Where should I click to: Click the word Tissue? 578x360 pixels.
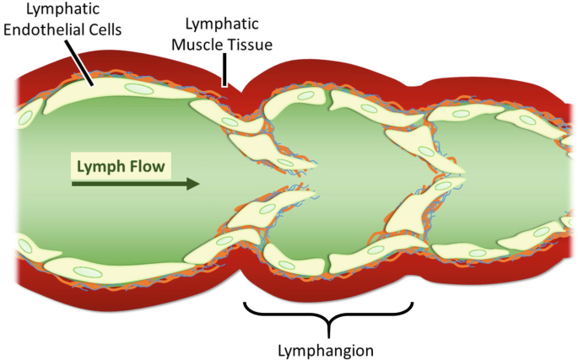coord(251,45)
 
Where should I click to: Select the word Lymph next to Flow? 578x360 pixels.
coord(100,165)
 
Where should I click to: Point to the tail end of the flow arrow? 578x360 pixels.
coord(74,183)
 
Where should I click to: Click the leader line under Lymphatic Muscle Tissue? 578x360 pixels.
coord(224,70)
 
